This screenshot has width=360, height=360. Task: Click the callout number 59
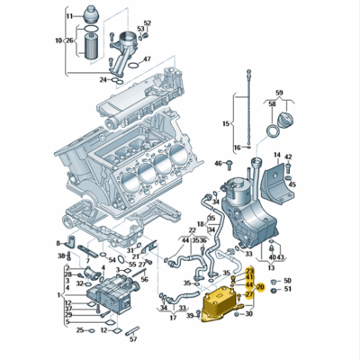click(279, 94)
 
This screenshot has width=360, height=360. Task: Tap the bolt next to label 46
click(229, 164)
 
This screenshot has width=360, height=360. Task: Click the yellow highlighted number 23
click(250, 270)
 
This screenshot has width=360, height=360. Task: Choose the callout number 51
click(287, 290)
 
